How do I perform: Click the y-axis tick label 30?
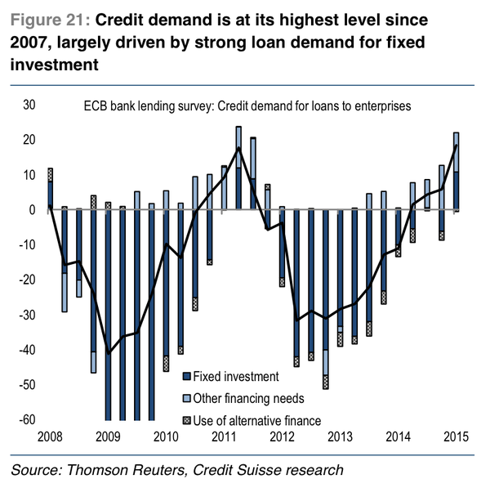click(x=29, y=105)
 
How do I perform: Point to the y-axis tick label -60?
click(x=27, y=419)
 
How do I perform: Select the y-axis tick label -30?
click(x=27, y=315)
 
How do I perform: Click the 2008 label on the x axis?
click(x=51, y=437)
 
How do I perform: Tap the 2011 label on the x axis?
click(x=225, y=437)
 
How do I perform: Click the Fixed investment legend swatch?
click(x=186, y=378)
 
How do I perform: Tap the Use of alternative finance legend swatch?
click(x=186, y=419)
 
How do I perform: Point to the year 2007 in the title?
click(x=33, y=43)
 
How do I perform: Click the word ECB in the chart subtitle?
click(x=94, y=105)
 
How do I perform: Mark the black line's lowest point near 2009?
click(x=109, y=353)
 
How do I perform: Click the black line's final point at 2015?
click(x=456, y=145)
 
